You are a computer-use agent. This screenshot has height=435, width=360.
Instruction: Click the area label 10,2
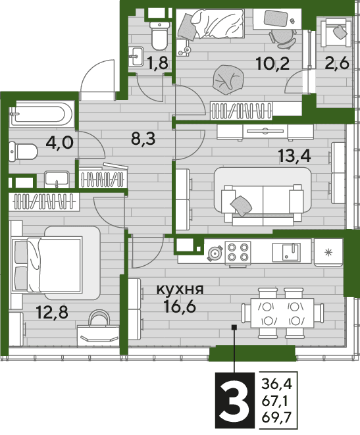[272, 64]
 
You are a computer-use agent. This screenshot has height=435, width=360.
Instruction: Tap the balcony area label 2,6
[337, 64]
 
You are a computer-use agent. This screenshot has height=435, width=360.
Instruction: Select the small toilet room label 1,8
[157, 63]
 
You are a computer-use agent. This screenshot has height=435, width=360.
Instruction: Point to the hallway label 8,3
[143, 139]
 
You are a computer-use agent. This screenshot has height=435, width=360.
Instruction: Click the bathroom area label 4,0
[60, 143]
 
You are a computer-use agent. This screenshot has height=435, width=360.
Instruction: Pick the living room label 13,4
[295, 156]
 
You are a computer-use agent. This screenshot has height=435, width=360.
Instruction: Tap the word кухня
[180, 290]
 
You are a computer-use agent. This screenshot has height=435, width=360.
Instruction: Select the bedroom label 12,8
[52, 313]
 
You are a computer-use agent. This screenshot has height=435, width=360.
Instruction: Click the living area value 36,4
[276, 384]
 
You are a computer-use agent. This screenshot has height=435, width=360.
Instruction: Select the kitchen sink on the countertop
[286, 252]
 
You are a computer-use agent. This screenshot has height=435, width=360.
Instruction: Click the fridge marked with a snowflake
[328, 252]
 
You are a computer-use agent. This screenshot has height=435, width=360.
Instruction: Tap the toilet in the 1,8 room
[159, 36]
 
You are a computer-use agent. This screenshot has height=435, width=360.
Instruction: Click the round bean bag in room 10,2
[229, 80]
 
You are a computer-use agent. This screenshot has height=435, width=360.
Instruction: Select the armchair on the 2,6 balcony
[335, 32]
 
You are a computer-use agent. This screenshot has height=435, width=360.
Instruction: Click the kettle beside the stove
[215, 253]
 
